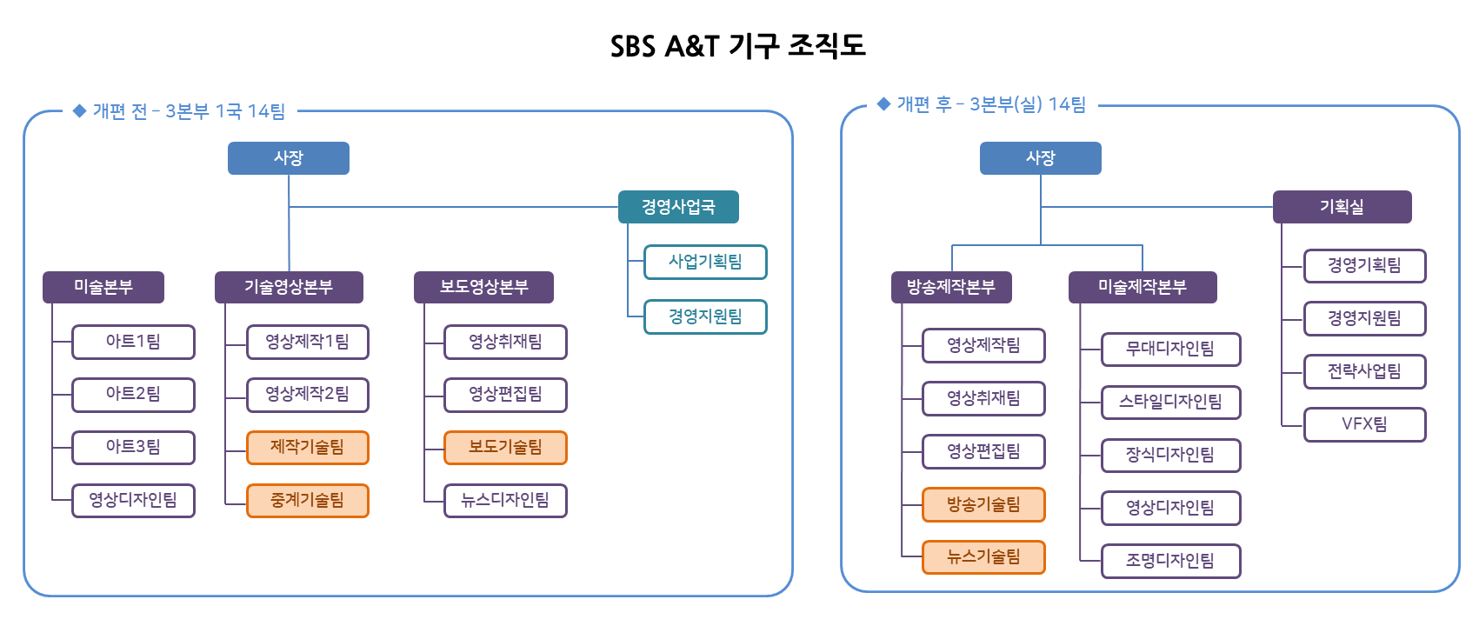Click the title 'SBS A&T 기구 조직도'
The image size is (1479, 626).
click(x=738, y=46)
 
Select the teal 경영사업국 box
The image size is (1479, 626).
click(x=678, y=207)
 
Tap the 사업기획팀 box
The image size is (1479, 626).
click(x=705, y=262)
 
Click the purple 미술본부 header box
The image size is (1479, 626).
click(x=103, y=287)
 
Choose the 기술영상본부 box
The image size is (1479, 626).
click(x=289, y=287)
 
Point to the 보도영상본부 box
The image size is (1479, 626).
click(x=483, y=287)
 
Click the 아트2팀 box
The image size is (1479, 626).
click(x=133, y=395)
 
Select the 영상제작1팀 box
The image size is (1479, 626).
click(x=308, y=342)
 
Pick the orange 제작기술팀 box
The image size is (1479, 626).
click(x=308, y=448)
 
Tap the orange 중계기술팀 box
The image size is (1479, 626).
click(x=308, y=501)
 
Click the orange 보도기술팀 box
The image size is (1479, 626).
click(x=505, y=448)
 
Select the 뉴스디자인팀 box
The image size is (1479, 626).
click(x=505, y=501)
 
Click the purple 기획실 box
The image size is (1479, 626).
click(x=1342, y=207)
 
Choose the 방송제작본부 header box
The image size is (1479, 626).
click(x=951, y=287)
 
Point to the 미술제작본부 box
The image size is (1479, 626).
click(x=1143, y=287)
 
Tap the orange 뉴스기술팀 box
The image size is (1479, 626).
click(x=983, y=557)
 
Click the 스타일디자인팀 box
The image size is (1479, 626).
click(x=1170, y=403)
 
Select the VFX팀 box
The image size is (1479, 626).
click(x=1364, y=424)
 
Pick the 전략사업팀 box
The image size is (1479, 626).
click(x=1364, y=371)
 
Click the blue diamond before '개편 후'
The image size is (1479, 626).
click(x=883, y=104)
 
